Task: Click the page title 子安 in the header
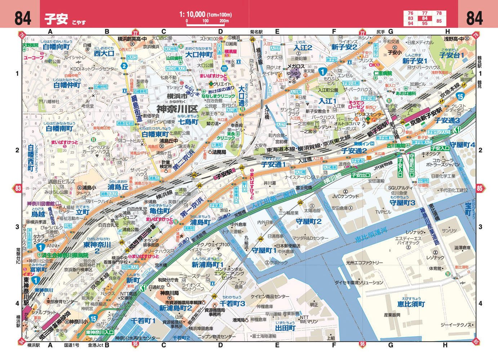pyautogui.click(x=56, y=18)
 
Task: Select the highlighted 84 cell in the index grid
pyautogui.click(x=425, y=18)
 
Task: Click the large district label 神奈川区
pyautogui.click(x=177, y=108)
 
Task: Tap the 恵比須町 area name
pyautogui.click(x=411, y=304)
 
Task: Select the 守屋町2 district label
pyautogui.click(x=308, y=221)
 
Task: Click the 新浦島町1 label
pyautogui.click(x=208, y=265)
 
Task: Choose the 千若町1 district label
pyautogui.click(x=143, y=320)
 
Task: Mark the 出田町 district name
pyautogui.click(x=285, y=328)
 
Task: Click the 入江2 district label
pyautogui.click(x=303, y=48)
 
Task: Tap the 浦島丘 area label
pyautogui.click(x=118, y=187)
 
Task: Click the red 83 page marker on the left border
pyautogui.click(x=18, y=188)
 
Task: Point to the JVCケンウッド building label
pyautogui.click(x=345, y=196)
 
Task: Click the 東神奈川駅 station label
pyautogui.click(x=26, y=291)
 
